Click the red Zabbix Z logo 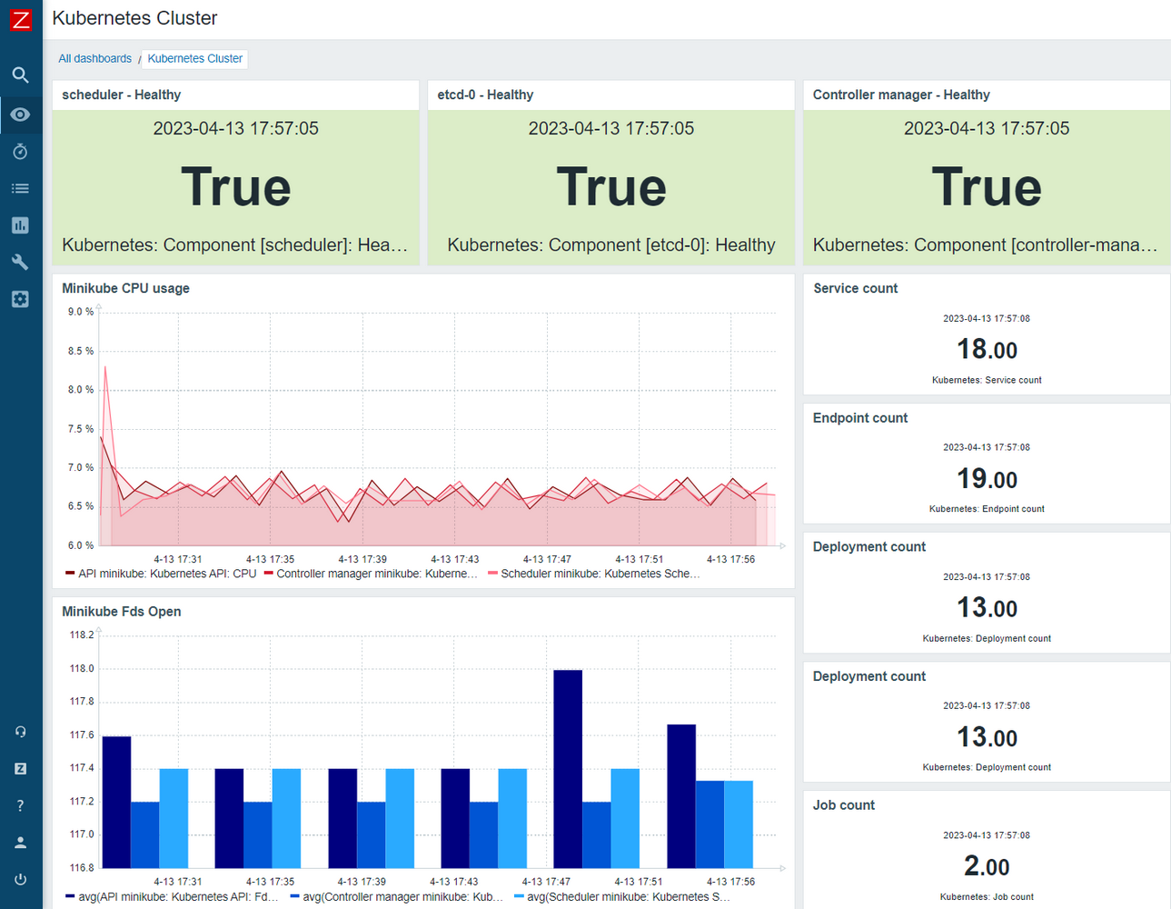[x=21, y=19]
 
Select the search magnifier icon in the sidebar [x=21, y=75]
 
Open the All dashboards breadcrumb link [x=94, y=59]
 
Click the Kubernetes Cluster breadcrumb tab [x=194, y=59]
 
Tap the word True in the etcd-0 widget [x=611, y=187]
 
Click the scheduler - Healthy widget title [x=121, y=95]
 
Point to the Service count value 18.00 [x=987, y=349]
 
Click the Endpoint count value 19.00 [x=987, y=479]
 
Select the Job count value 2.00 [x=987, y=866]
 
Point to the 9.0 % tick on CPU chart [x=81, y=312]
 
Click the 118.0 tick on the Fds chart [x=82, y=668]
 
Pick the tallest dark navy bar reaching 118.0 [x=568, y=768]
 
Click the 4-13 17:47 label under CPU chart [x=547, y=559]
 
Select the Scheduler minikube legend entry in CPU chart [x=595, y=574]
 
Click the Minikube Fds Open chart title [x=121, y=612]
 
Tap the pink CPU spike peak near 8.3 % [x=105, y=367]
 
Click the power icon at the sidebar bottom [x=21, y=879]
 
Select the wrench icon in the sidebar [x=21, y=263]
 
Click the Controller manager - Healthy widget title [x=900, y=95]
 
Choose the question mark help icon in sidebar [x=21, y=805]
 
